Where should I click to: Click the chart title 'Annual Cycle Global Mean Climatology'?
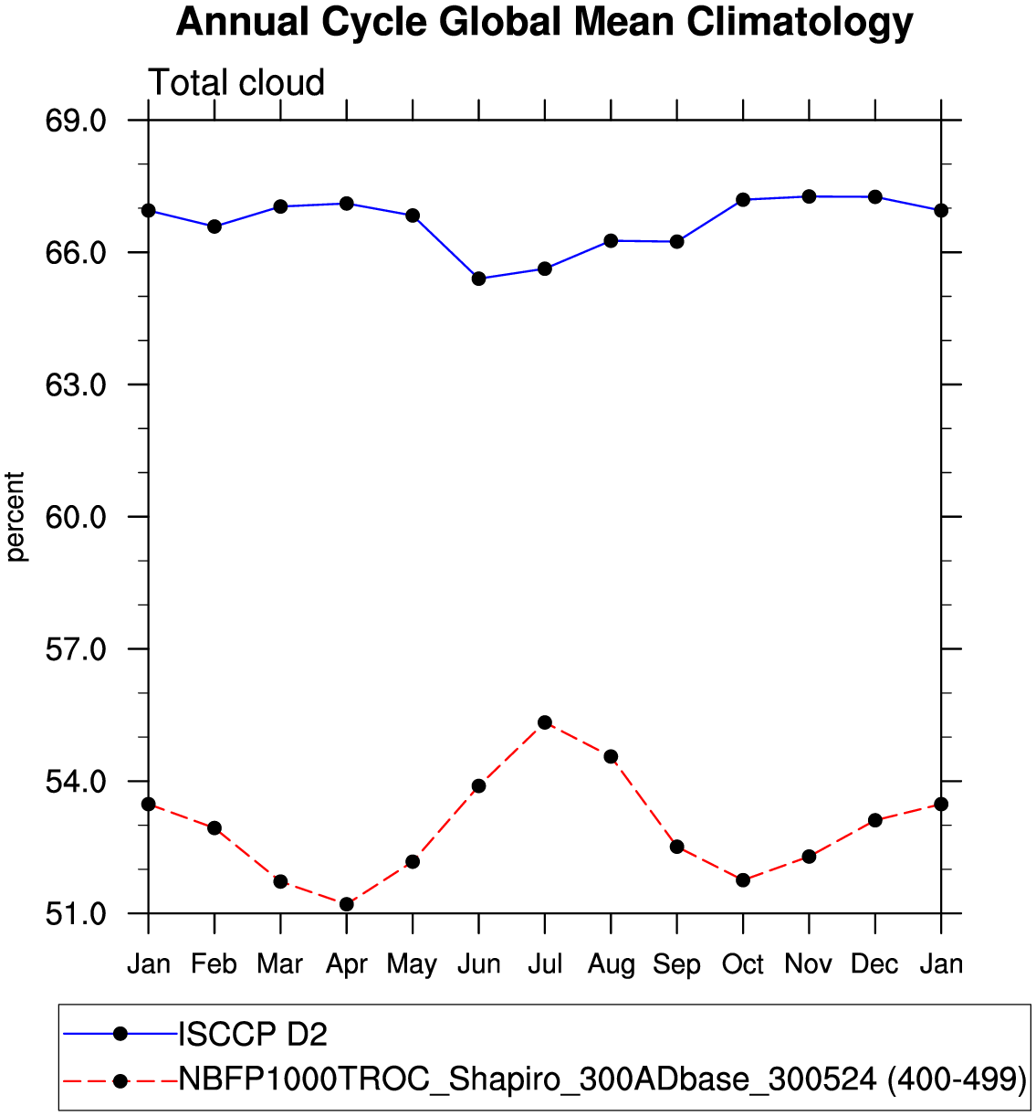click(x=544, y=22)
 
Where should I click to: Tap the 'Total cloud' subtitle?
click(x=236, y=83)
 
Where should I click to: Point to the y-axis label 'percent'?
click(x=16, y=517)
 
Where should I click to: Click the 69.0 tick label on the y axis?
click(x=76, y=121)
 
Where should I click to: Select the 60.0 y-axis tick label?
click(x=76, y=517)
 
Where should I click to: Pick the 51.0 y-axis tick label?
click(x=76, y=913)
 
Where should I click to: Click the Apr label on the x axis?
click(x=347, y=964)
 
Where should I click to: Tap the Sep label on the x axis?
click(x=676, y=964)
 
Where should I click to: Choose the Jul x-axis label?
click(x=545, y=964)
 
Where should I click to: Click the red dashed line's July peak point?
click(x=545, y=722)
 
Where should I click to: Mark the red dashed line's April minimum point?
click(x=347, y=904)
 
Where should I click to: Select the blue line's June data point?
click(x=478, y=279)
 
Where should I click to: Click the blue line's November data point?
click(x=809, y=196)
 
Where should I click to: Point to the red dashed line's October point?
click(x=743, y=879)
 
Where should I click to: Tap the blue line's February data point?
click(x=215, y=226)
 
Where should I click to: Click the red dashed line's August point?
click(x=611, y=756)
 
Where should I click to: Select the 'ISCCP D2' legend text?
click(x=253, y=1035)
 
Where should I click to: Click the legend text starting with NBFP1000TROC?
click(x=602, y=1079)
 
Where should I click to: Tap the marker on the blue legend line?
click(x=120, y=1034)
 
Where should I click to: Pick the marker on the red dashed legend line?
click(x=120, y=1080)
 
